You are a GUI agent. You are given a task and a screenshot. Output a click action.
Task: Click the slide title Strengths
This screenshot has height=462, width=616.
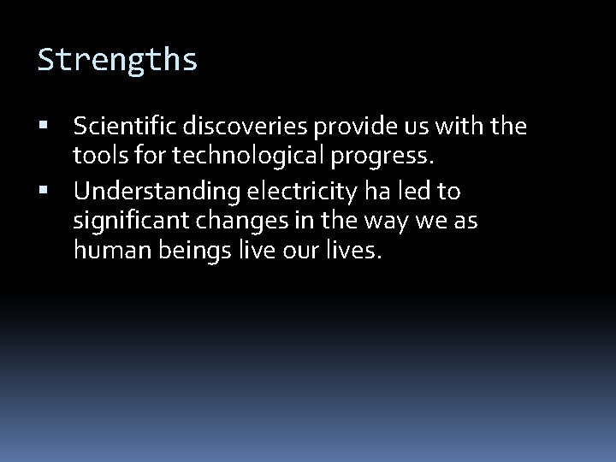coord(118,60)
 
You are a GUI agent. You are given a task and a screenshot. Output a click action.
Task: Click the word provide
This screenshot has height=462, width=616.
coord(340,128)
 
